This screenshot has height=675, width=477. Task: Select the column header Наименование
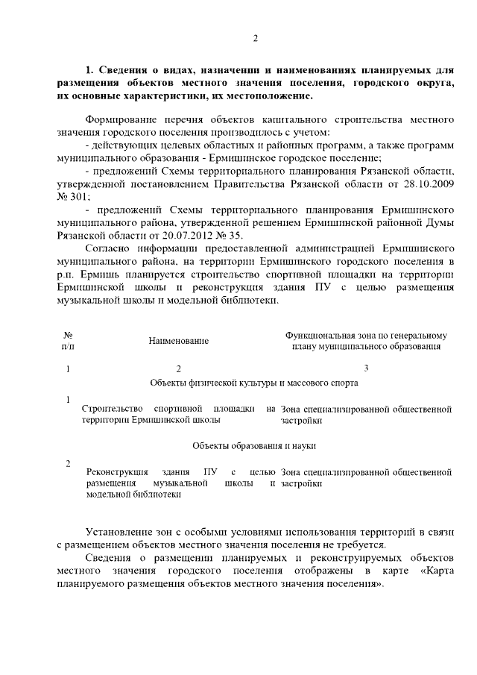tap(178, 341)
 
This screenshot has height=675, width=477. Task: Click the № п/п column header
tap(68, 341)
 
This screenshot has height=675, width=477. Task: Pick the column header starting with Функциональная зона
tap(366, 341)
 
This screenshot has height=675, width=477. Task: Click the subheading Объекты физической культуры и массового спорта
tap(254, 383)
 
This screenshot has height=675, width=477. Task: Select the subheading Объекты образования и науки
tap(254, 445)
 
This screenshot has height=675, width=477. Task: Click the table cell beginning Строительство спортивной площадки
tap(179, 415)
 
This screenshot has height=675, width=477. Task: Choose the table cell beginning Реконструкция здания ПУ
tap(179, 483)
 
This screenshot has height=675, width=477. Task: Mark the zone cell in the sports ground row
tap(367, 415)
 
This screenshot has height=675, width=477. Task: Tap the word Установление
tap(122, 532)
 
